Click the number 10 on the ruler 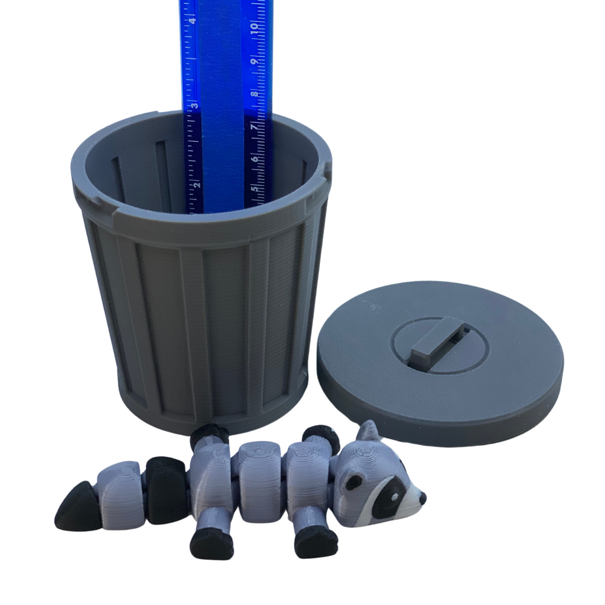tap(254, 26)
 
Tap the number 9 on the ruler tap(254, 61)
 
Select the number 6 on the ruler tap(255, 158)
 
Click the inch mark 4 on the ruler tap(193, 21)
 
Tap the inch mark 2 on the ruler tap(197, 184)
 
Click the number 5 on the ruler tap(255, 190)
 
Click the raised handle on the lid tap(437, 338)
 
